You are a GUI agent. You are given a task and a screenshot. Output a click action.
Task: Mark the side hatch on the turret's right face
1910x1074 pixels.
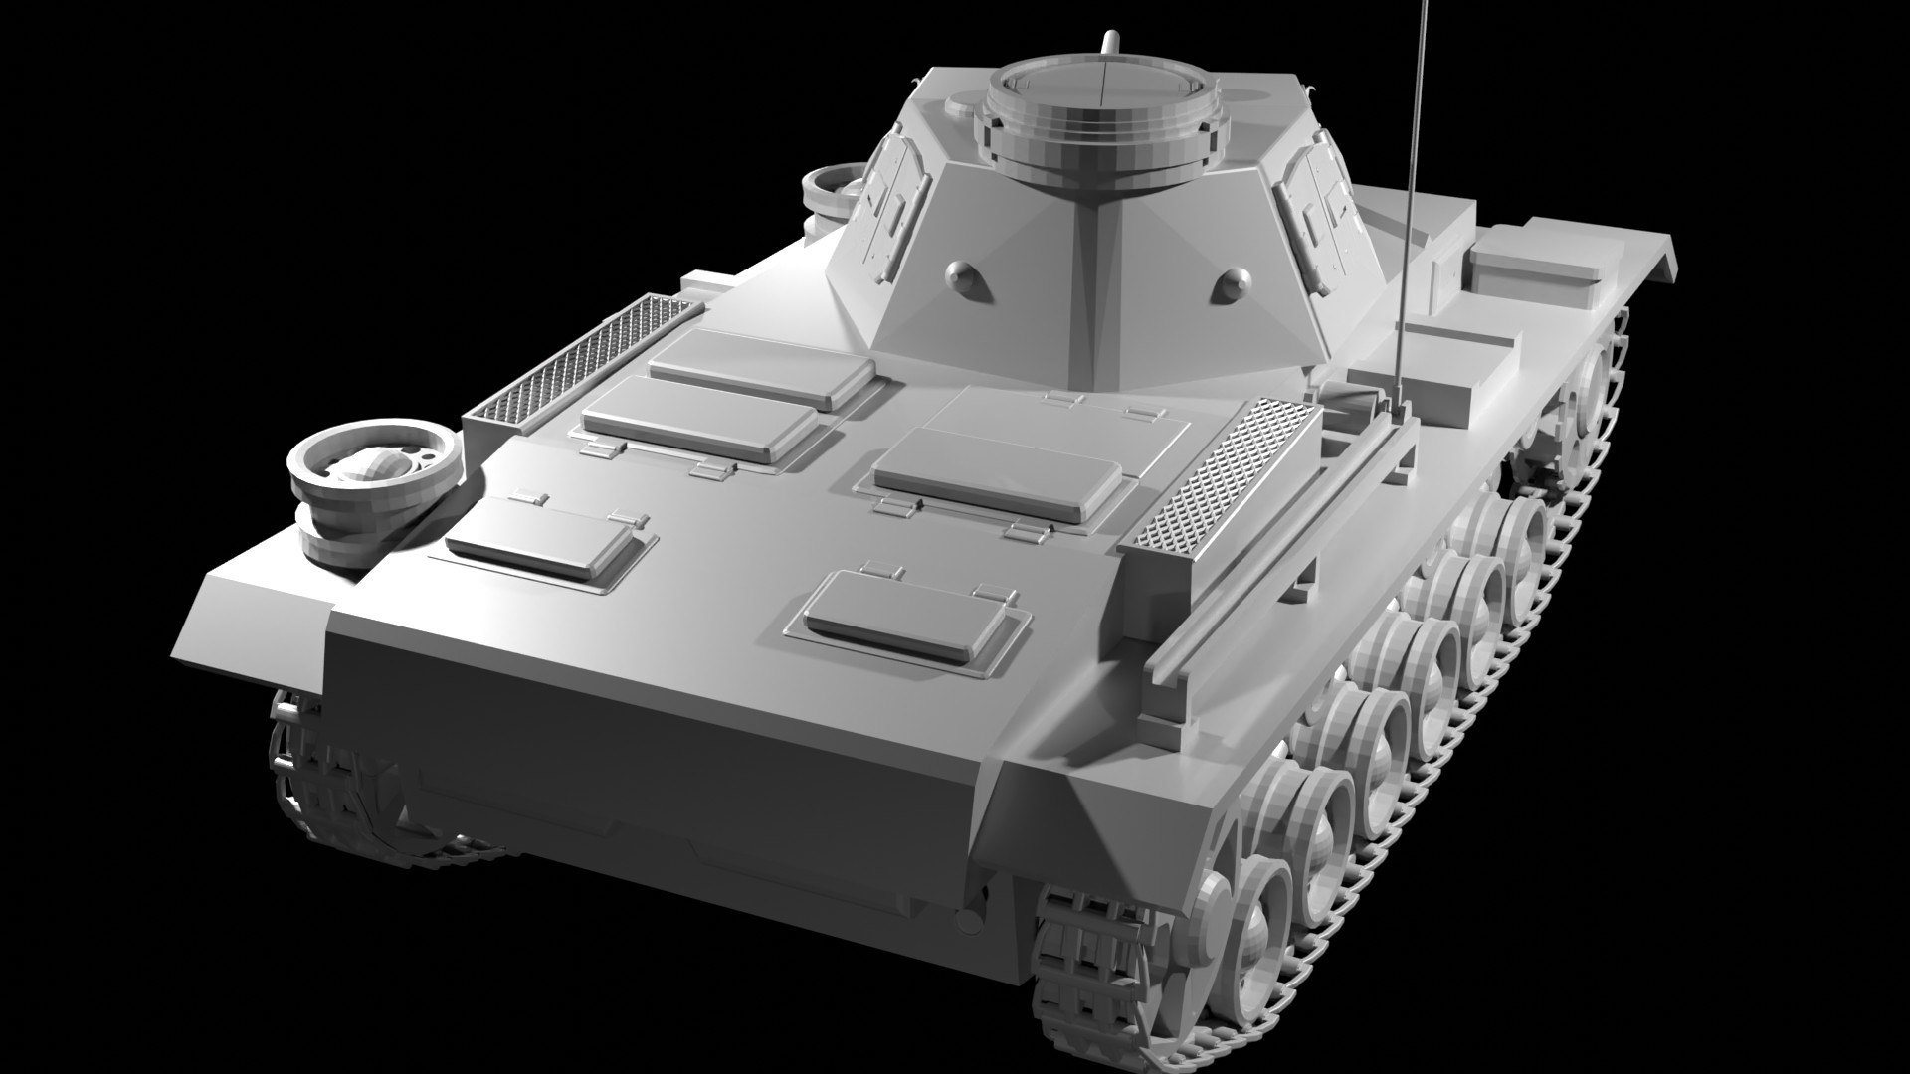point(1318,204)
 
